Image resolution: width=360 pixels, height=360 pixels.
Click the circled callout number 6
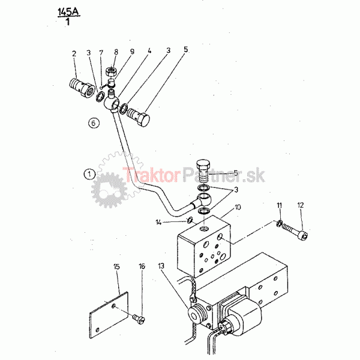pyautogui.click(x=94, y=123)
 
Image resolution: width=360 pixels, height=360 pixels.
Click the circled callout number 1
pyautogui.click(x=89, y=174)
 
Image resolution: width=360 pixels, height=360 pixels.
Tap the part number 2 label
pyautogui.click(x=74, y=54)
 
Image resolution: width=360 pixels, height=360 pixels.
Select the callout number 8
pyautogui.click(x=116, y=52)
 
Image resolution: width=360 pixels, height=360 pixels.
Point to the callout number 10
pyautogui.click(x=238, y=208)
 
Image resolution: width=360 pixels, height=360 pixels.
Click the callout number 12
pyautogui.click(x=301, y=205)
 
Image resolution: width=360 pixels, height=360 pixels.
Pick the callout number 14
pyautogui.click(x=158, y=222)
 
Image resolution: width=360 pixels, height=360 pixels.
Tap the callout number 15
pyautogui.click(x=116, y=266)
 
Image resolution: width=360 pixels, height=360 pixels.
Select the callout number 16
pyautogui.click(x=142, y=266)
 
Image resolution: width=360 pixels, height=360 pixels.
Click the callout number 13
pyautogui.click(x=161, y=266)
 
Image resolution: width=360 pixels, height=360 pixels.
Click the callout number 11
pyautogui.click(x=279, y=205)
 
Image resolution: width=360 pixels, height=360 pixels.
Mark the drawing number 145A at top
pyautogui.click(x=68, y=12)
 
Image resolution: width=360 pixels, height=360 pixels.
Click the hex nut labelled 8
pyautogui.click(x=112, y=71)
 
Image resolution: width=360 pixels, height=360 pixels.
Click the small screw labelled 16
pyautogui.click(x=139, y=319)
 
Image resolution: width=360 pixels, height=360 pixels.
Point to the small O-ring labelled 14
pyautogui.click(x=190, y=220)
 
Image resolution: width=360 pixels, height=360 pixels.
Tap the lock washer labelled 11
pyautogui.click(x=279, y=223)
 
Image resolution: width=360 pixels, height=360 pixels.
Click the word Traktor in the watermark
pyautogui.click(x=151, y=175)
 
